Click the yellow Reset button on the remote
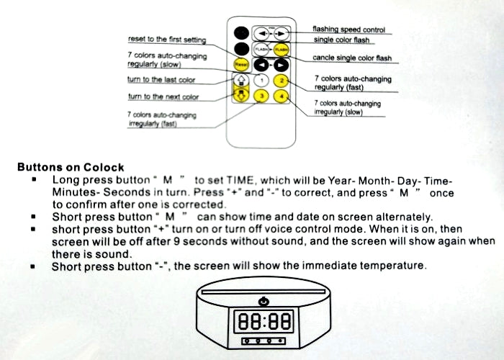click(x=241, y=65)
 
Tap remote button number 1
click(x=261, y=81)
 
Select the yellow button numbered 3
click(x=261, y=96)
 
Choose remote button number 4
click(x=282, y=96)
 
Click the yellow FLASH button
click(x=282, y=50)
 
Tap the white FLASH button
click(x=261, y=50)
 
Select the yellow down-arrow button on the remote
click(x=241, y=95)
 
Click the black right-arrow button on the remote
click(x=282, y=66)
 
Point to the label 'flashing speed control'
click(x=348, y=30)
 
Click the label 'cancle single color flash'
click(x=352, y=58)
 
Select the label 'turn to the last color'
click(x=161, y=80)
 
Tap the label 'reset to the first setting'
click(x=167, y=40)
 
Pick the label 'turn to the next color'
click(x=163, y=96)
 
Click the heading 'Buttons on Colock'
click(x=71, y=167)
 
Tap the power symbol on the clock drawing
click(x=264, y=302)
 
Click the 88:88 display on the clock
click(x=264, y=321)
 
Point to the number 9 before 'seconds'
click(x=176, y=241)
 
